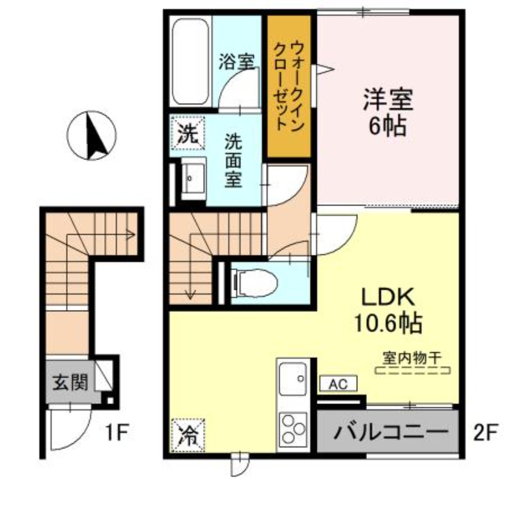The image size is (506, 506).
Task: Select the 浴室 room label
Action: [x=237, y=62]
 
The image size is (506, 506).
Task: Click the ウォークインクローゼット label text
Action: [x=288, y=85]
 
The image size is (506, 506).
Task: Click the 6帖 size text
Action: [x=387, y=126]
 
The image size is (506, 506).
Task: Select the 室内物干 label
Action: [x=411, y=357]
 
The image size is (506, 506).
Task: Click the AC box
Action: [x=338, y=383]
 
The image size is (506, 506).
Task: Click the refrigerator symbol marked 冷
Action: [x=187, y=435]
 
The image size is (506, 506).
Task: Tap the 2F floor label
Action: [x=485, y=433]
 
